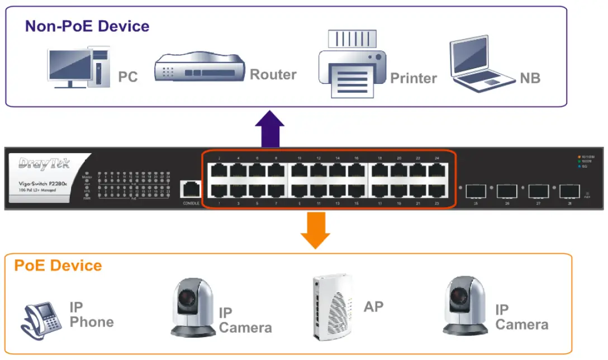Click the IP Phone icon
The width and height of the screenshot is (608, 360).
pyautogui.click(x=42, y=318)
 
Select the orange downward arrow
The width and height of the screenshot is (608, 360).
pyautogui.click(x=316, y=230)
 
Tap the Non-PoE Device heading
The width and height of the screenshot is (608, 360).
pyautogui.click(x=87, y=26)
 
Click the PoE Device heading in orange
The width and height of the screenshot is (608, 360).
pyautogui.click(x=58, y=265)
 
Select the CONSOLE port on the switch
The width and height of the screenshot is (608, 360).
pyautogui.click(x=191, y=189)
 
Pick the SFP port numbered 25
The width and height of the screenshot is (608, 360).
pyautogui.click(x=476, y=191)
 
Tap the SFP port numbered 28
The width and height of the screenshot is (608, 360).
pyautogui.click(x=569, y=191)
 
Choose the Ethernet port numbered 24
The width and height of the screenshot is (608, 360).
pyautogui.click(x=437, y=170)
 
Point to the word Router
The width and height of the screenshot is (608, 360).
pyautogui.click(x=273, y=74)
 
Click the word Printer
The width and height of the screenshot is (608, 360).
pyautogui.click(x=413, y=78)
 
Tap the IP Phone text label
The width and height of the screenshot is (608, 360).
pyautogui.click(x=91, y=315)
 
